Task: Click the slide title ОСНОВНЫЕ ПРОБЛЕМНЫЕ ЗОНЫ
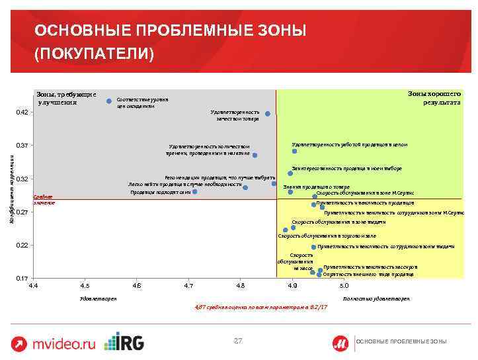tap(171, 31)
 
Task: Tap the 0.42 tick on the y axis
tap(21, 112)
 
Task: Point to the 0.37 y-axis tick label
tap(21, 145)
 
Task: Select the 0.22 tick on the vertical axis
tap(21, 246)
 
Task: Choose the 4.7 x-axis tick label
tap(189, 285)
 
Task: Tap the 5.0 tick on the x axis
tap(344, 285)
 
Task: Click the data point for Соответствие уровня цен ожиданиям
tap(109, 101)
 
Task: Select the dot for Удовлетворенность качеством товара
tap(267, 114)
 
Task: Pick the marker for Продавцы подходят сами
tap(195, 192)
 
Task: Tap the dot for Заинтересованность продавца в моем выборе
tap(290, 173)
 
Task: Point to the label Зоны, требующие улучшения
tap(66, 98)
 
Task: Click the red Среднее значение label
tap(44, 200)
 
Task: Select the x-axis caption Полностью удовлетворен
tap(376, 299)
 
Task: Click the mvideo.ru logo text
tap(64, 343)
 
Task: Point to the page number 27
tap(239, 340)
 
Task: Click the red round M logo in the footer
tap(341, 341)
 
